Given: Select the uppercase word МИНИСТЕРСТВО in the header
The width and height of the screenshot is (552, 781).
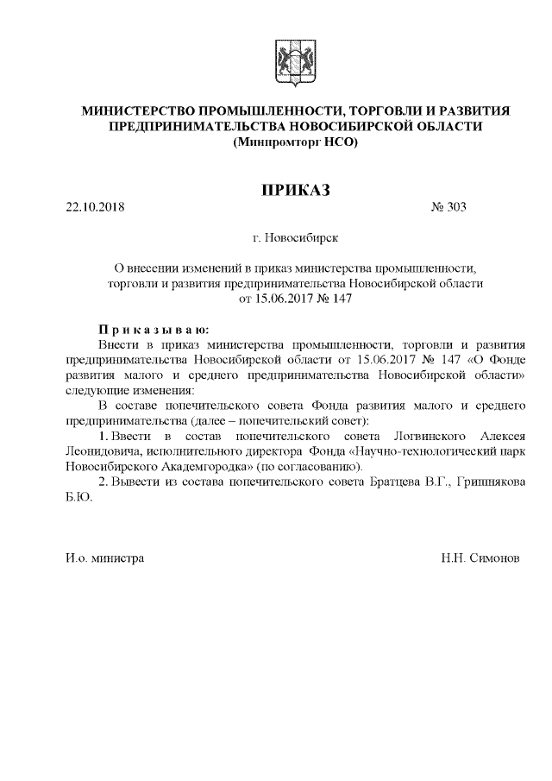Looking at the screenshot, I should coord(138,111).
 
